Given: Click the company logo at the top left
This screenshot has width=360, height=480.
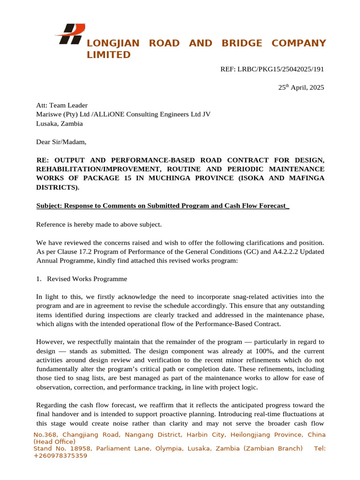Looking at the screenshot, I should [x=70, y=34].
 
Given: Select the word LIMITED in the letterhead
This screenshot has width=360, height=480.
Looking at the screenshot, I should [x=109, y=55].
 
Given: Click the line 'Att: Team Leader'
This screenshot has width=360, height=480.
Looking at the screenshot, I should [x=62, y=105].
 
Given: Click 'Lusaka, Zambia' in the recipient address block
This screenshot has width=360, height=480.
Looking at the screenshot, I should [x=60, y=124].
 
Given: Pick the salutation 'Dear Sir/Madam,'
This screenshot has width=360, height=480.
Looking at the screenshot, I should [x=61, y=142].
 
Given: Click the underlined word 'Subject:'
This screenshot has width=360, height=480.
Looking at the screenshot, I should [x=49, y=206].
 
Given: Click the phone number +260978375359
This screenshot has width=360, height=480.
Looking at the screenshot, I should [x=60, y=456].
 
